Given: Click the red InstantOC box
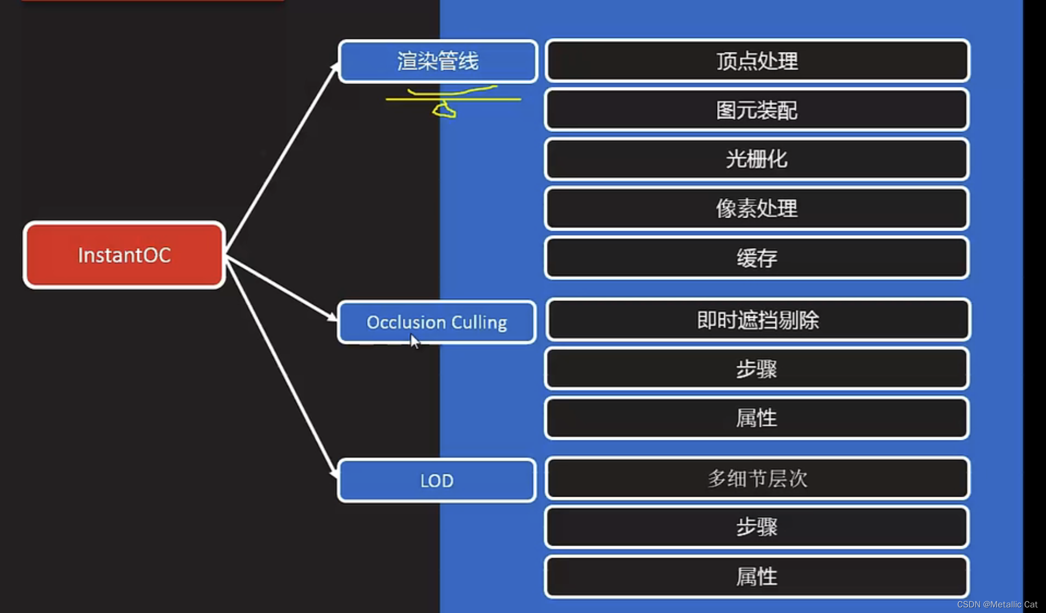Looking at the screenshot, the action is click(x=124, y=255).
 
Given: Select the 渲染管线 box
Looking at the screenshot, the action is click(x=437, y=61).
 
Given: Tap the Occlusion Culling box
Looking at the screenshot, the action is click(x=436, y=322).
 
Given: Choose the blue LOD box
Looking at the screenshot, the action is click(x=436, y=480).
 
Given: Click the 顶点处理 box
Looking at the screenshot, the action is click(x=757, y=61).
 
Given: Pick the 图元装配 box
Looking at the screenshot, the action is click(x=757, y=110).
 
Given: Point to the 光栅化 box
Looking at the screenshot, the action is click(x=757, y=159).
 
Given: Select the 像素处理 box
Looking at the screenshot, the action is click(x=757, y=208).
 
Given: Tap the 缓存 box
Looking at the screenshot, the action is click(x=757, y=258).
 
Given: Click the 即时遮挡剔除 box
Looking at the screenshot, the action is click(x=758, y=320).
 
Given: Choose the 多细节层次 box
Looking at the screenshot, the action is click(x=758, y=478).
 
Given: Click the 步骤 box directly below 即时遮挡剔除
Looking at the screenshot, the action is click(x=757, y=369).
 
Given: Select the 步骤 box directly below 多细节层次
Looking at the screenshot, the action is click(x=757, y=527).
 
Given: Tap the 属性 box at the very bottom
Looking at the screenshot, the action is click(x=757, y=577).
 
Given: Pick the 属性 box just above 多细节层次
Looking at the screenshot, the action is click(x=757, y=418).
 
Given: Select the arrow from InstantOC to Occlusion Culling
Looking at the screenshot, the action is click(x=281, y=288).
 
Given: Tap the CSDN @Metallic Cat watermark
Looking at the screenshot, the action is click(x=997, y=604).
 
